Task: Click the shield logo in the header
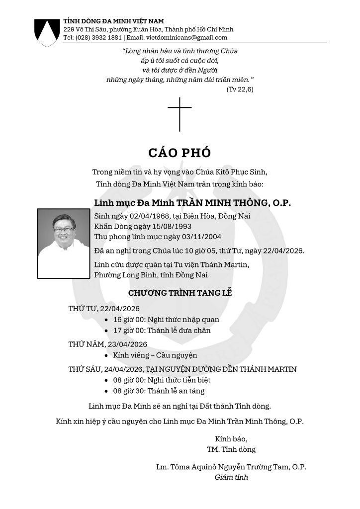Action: [x=46, y=32]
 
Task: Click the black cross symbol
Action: [x=180, y=114]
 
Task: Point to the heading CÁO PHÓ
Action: [x=180, y=153]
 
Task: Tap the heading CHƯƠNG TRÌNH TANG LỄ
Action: [x=180, y=292]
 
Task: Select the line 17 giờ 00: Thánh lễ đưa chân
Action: [x=162, y=330]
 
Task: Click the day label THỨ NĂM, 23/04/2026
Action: [x=107, y=344]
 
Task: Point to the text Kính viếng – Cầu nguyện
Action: [x=155, y=355]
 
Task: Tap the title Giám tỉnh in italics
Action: [x=231, y=477]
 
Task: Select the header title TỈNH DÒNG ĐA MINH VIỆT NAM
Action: [x=114, y=21]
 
